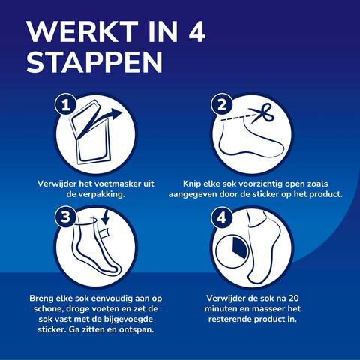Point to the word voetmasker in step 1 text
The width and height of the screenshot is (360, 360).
119,182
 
